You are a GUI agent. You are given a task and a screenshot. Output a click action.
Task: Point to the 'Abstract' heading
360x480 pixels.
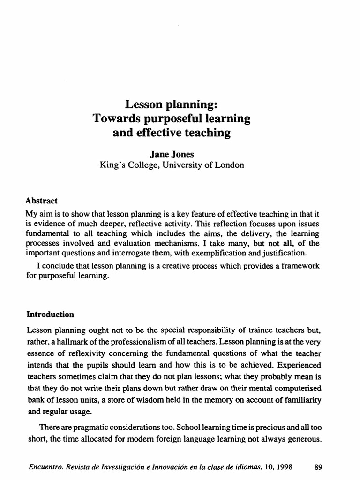[x=41, y=201]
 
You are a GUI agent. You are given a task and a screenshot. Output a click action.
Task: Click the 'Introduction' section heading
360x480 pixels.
[x=50, y=314]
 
